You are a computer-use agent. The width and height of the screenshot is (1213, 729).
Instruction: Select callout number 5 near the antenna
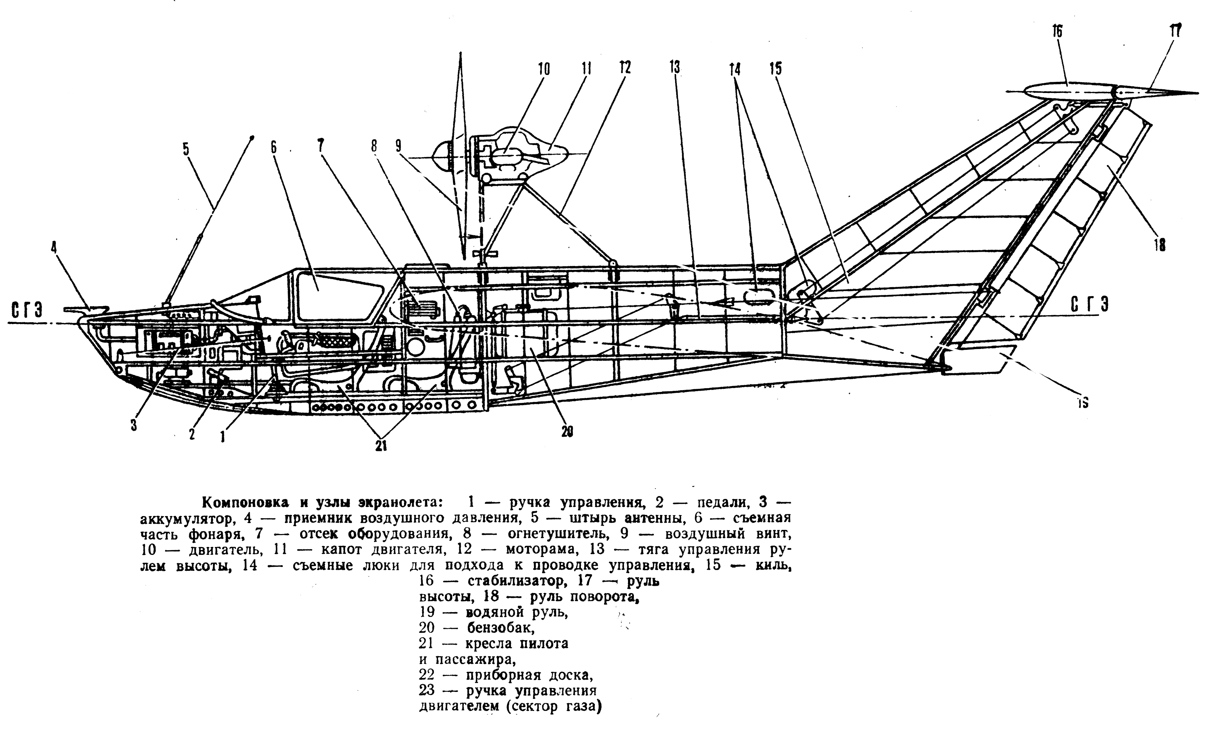tap(185, 149)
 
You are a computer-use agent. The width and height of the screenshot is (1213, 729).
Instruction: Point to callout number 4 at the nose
tap(54, 247)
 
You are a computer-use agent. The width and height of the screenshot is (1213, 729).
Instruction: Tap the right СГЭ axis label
tap(1089, 306)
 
